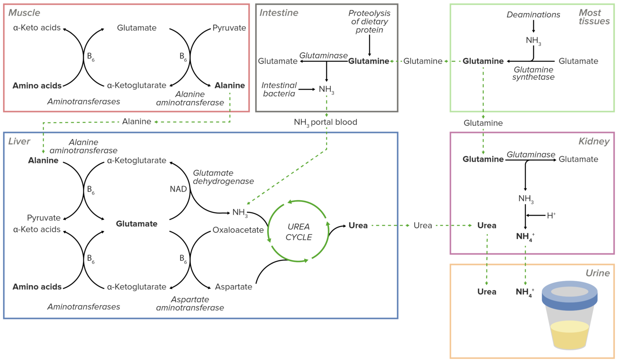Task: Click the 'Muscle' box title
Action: click(x=24, y=13)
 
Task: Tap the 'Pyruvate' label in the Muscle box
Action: click(x=229, y=28)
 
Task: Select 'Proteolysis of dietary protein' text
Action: click(x=369, y=22)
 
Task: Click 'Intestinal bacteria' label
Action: click(x=279, y=89)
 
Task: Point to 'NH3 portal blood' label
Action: click(x=325, y=122)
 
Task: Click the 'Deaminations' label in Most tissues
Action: click(x=533, y=15)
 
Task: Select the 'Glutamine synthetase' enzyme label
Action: click(x=533, y=73)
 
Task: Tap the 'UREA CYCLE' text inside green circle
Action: click(x=299, y=232)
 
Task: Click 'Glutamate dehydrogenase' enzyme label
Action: click(x=223, y=177)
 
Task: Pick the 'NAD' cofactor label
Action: click(x=178, y=189)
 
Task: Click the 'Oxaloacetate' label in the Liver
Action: click(x=238, y=230)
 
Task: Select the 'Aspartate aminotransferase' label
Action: click(x=190, y=304)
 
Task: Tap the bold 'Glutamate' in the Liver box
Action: click(x=136, y=224)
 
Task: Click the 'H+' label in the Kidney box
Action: click(x=551, y=215)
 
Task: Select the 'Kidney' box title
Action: click(x=594, y=141)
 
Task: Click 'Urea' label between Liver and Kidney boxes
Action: click(x=422, y=225)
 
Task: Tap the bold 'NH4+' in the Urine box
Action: click(x=525, y=292)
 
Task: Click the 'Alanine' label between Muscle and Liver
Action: click(x=136, y=122)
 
